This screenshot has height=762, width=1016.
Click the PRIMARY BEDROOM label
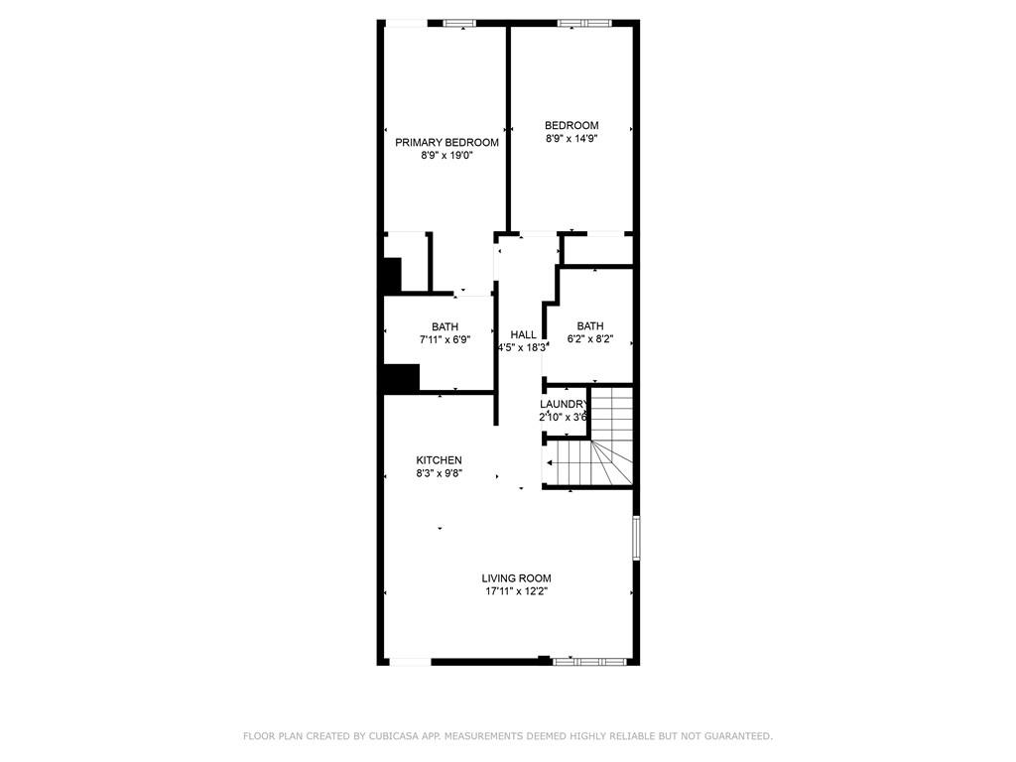(x=446, y=143)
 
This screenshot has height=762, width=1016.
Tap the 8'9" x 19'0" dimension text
(x=446, y=156)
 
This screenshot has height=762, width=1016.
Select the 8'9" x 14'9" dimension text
(x=571, y=139)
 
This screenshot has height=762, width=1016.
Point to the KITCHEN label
(x=439, y=460)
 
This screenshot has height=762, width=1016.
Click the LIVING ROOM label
(x=516, y=578)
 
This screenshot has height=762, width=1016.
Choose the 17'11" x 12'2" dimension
(x=516, y=591)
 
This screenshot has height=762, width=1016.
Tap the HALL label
(x=523, y=335)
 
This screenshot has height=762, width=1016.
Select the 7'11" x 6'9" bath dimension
(x=444, y=339)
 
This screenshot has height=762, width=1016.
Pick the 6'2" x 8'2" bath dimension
(x=590, y=339)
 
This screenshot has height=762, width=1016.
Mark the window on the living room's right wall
(x=636, y=538)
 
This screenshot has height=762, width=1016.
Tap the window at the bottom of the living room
(x=589, y=661)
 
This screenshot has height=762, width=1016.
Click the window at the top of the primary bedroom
(x=458, y=23)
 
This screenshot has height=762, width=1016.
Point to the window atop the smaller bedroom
(x=586, y=23)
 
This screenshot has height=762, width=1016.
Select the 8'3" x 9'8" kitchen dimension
(x=439, y=473)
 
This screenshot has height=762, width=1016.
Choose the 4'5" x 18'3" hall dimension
(x=523, y=348)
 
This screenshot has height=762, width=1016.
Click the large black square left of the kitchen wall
(x=402, y=379)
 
